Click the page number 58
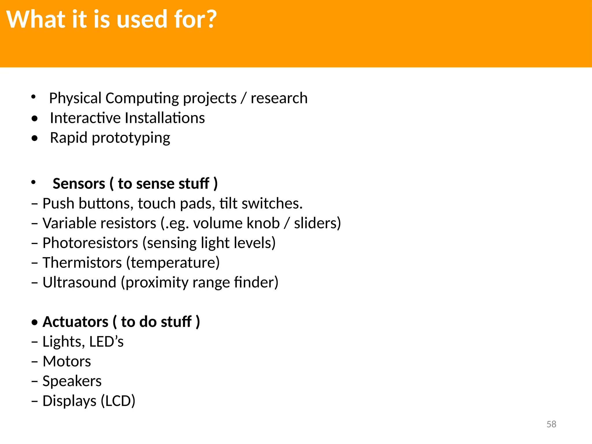tap(551, 424)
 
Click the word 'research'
tap(279, 98)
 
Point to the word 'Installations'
tap(165, 118)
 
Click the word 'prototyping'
tap(131, 138)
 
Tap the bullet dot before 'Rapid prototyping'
tap(35, 138)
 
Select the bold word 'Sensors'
tap(79, 184)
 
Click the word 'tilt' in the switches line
tap(228, 203)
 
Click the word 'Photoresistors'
tap(90, 243)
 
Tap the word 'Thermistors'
tap(82, 262)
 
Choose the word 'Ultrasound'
tap(79, 282)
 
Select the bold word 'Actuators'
tap(75, 322)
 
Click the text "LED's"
tap(106, 342)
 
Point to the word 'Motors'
tap(67, 361)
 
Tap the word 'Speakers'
tap(72, 381)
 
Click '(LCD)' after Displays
tap(118, 401)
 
